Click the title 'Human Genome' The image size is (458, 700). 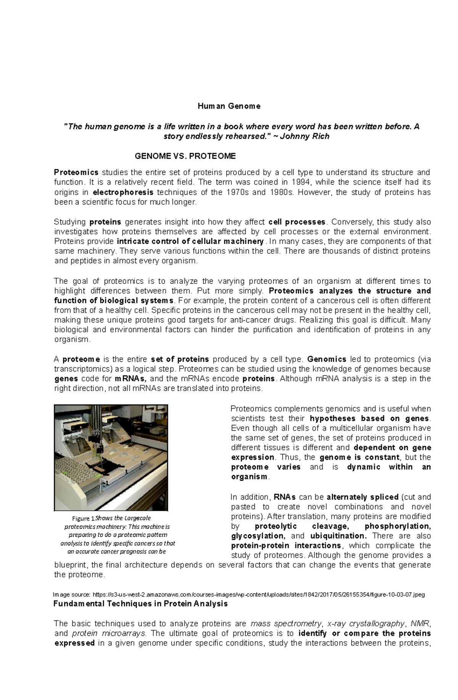coord(229,106)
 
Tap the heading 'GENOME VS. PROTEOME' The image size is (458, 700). coord(185,156)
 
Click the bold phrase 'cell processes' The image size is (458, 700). coord(297,222)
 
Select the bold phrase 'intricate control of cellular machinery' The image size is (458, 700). coord(190,241)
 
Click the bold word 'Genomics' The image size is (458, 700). coord(327,359)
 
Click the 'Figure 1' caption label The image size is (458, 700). coord(83,518)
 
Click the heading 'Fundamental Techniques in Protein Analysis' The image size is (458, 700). coord(140,604)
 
